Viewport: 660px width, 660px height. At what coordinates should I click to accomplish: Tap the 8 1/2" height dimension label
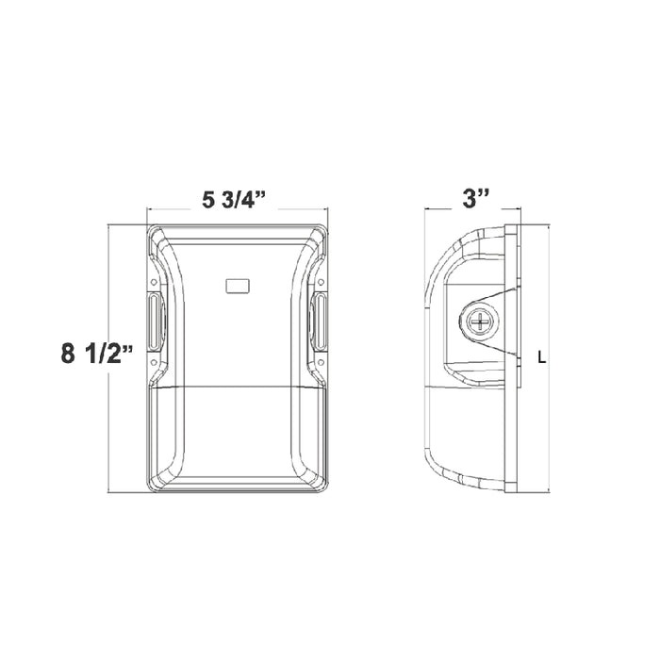tap(97, 355)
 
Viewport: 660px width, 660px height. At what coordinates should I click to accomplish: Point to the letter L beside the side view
tap(540, 357)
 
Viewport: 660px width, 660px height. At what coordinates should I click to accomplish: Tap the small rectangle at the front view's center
tap(237, 286)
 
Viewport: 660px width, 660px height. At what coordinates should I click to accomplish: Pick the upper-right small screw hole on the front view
tap(323, 280)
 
